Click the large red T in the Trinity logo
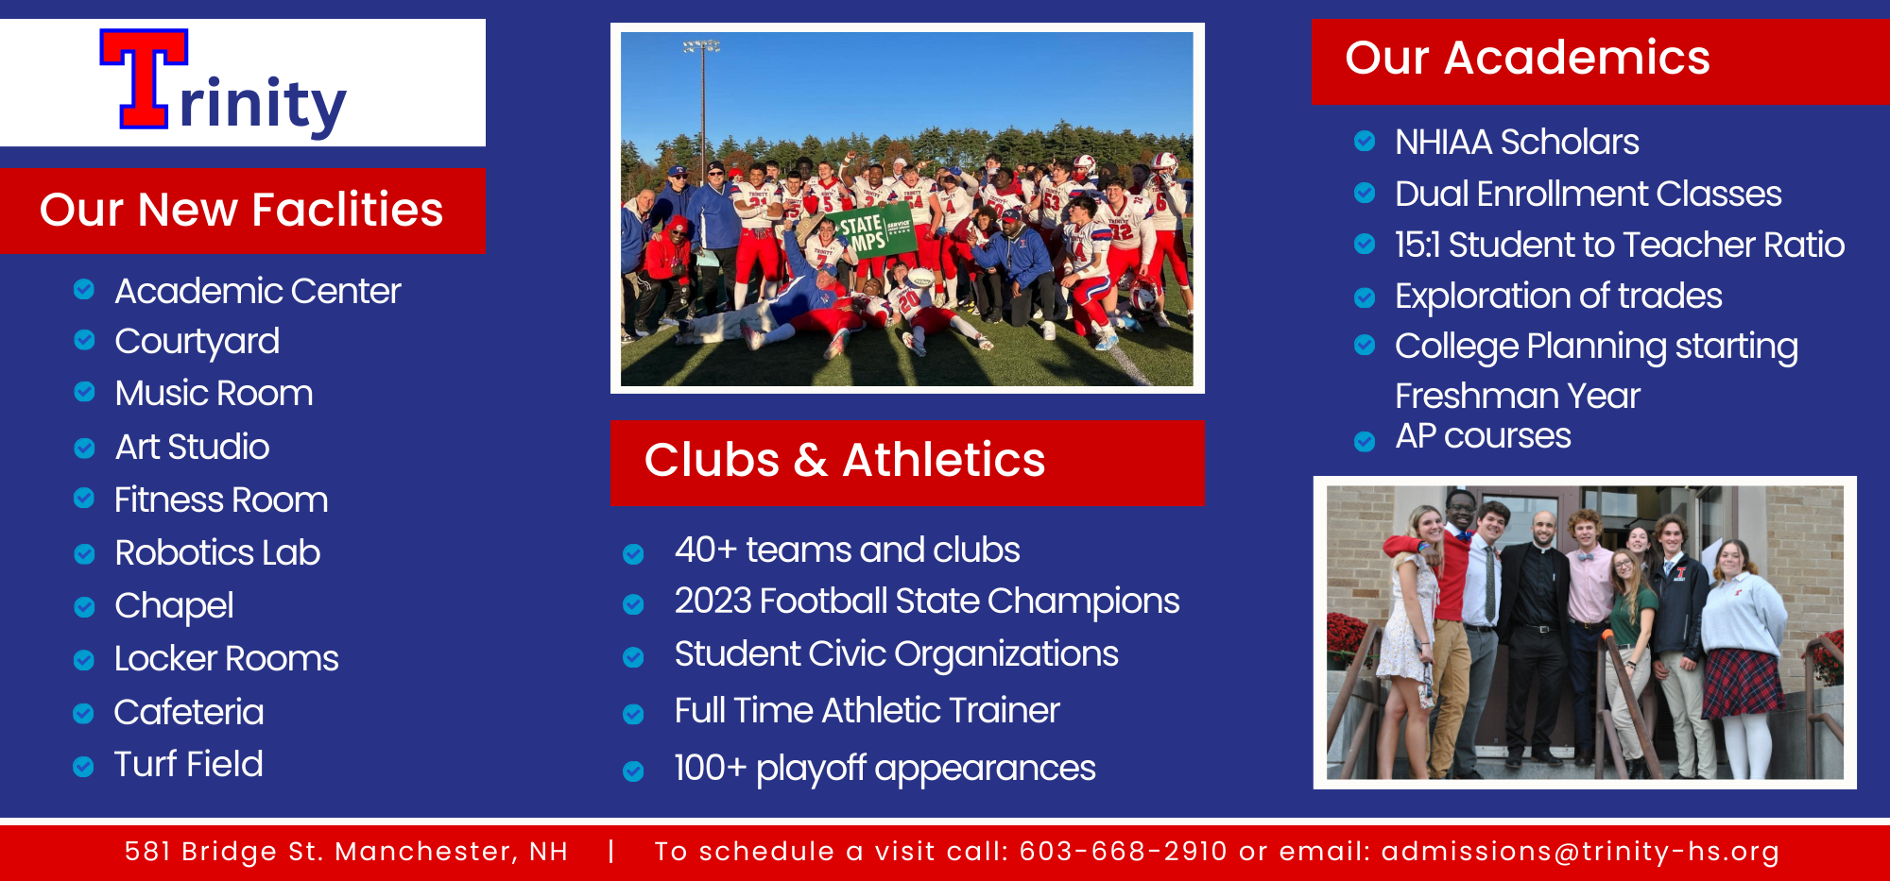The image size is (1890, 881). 145,78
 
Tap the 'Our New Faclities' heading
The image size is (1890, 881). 241,210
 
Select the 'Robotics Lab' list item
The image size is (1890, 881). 217,552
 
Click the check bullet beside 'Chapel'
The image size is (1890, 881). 84,607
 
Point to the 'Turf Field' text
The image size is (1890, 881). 189,764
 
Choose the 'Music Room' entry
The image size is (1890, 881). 214,393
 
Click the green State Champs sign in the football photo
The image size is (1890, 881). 870,230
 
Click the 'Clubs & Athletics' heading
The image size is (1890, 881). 845,461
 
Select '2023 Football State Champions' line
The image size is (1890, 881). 927,601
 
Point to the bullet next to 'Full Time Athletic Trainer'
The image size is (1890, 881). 633,715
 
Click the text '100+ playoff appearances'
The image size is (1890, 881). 885,769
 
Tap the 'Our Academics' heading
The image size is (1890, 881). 1527,58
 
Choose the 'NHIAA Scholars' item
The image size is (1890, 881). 1517,142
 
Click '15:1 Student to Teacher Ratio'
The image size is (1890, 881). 1620,245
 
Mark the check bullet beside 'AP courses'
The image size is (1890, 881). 1365,441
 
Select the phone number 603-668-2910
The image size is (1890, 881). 1124,852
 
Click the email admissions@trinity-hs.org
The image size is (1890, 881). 1581,852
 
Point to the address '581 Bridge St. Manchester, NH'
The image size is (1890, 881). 347,852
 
